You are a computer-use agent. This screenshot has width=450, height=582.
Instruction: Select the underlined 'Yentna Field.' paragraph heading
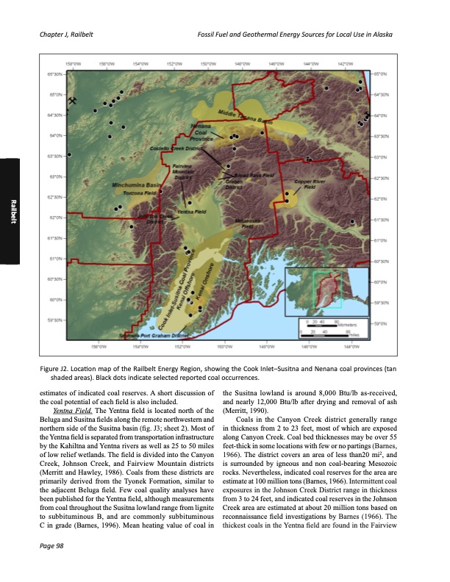click(x=63, y=411)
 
